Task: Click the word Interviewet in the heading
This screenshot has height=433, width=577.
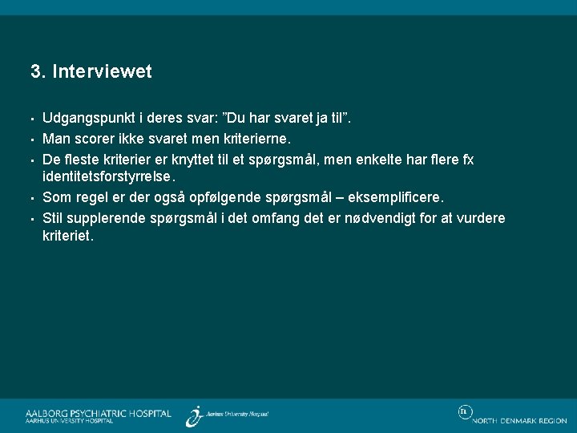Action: (103, 72)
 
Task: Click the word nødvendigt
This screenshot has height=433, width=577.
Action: (385, 217)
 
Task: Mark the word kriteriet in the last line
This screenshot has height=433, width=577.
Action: (68, 237)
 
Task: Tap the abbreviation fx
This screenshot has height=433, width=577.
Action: (466, 160)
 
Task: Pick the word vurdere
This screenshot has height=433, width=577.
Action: (479, 217)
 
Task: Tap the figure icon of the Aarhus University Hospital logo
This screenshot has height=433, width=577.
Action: (194, 415)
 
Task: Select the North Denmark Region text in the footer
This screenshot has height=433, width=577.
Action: (519, 421)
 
